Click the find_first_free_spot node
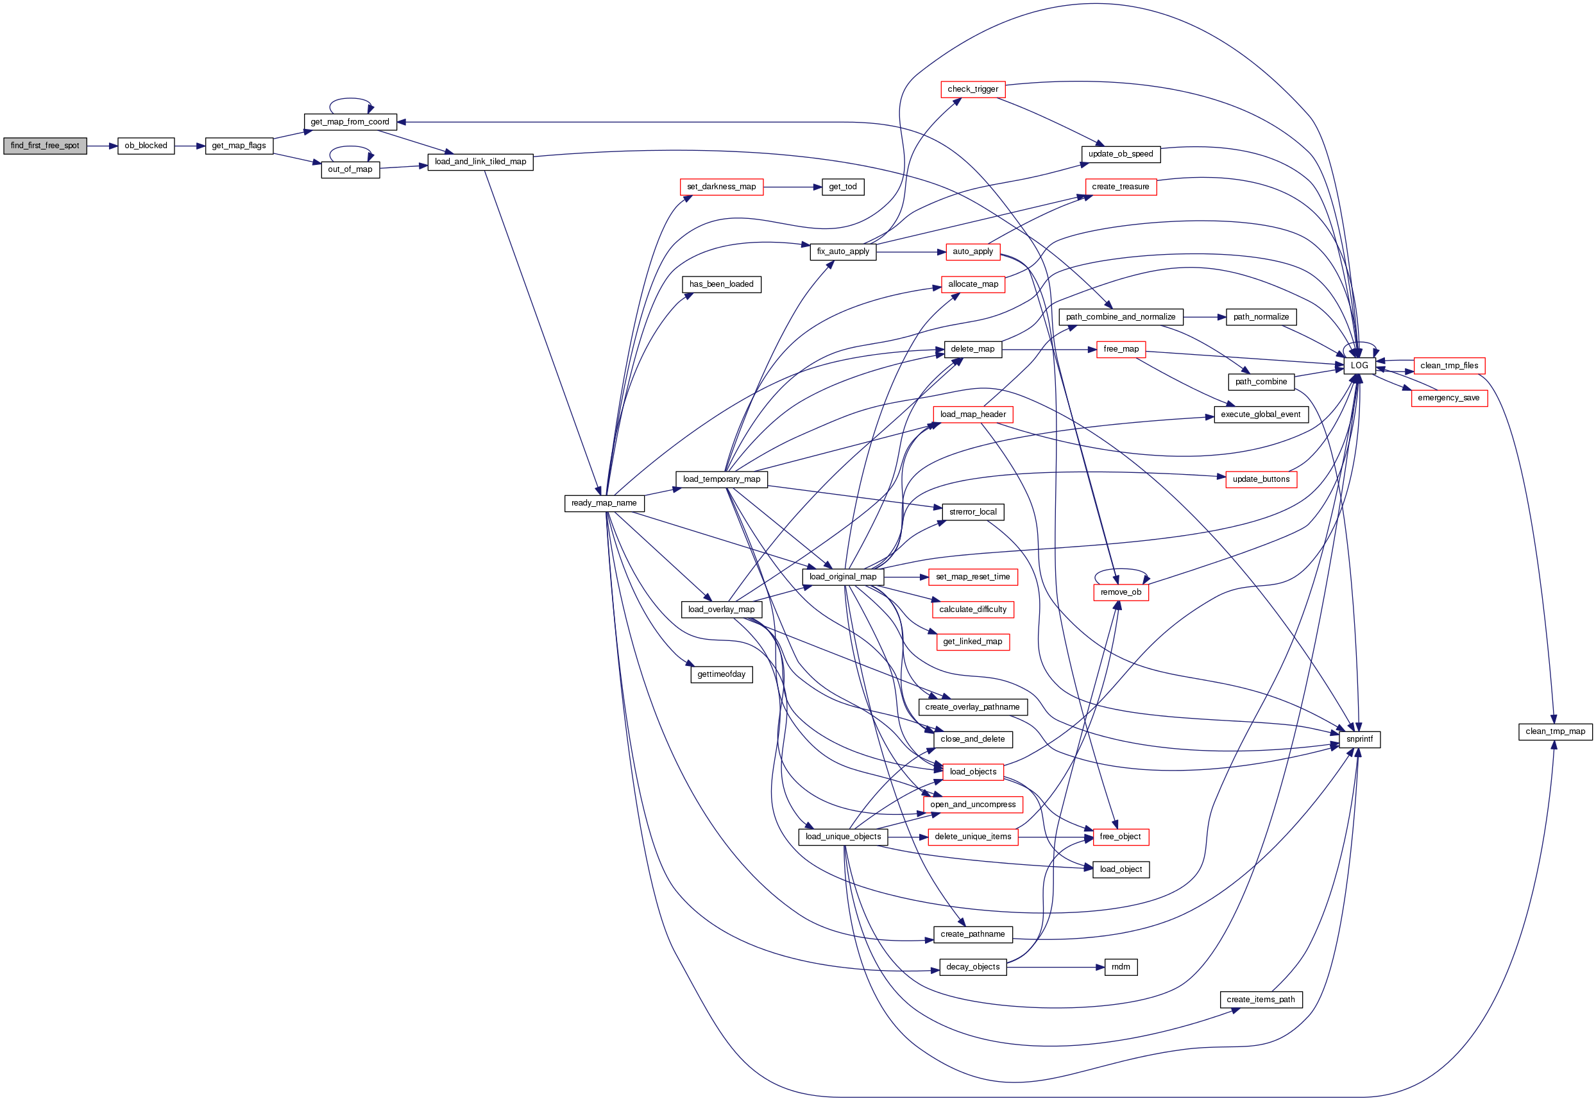pyautogui.click(x=45, y=146)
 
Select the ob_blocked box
pyautogui.click(x=146, y=146)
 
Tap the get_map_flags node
pyautogui.click(x=239, y=146)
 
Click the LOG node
pyautogui.click(x=1359, y=366)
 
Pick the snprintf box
pyautogui.click(x=1359, y=739)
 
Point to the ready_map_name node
pyautogui.click(x=604, y=503)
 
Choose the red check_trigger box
pyautogui.click(x=972, y=89)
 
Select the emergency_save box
pyautogui.click(x=1448, y=398)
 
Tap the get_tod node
pyautogui.click(x=842, y=187)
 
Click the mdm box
pyautogui.click(x=1120, y=967)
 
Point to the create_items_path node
pyautogui.click(x=1260, y=1000)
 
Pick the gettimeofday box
pyautogui.click(x=721, y=674)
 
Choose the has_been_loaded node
pyautogui.click(x=721, y=284)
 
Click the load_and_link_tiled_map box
pyautogui.click(x=480, y=162)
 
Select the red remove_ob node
pyautogui.click(x=1121, y=592)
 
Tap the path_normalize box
pyautogui.click(x=1261, y=317)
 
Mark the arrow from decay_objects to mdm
pyautogui.click(x=1055, y=967)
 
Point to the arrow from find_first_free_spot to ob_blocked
pyautogui.click(x=102, y=146)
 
